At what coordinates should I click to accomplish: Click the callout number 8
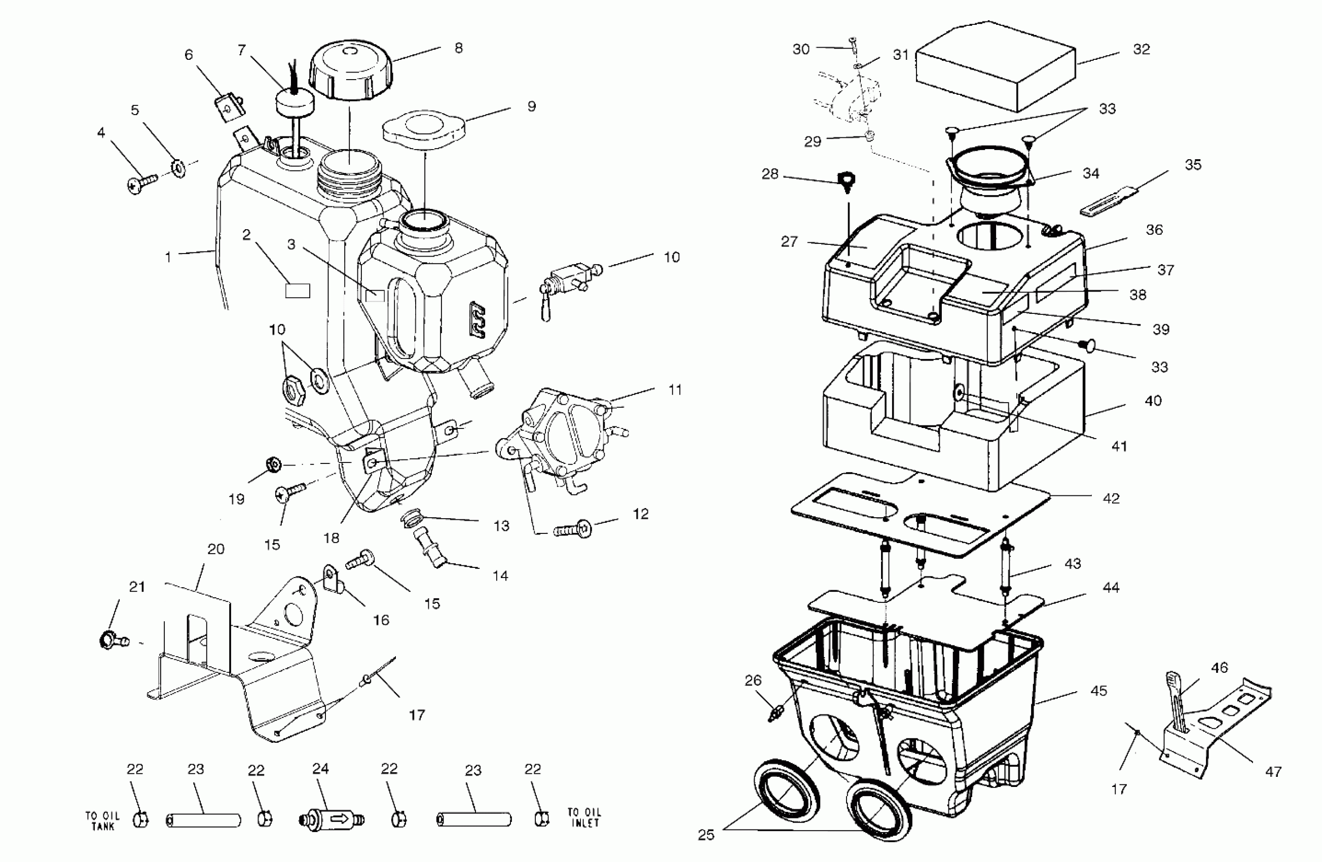[x=458, y=48]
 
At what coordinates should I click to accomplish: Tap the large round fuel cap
[x=350, y=69]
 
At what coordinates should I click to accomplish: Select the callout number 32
[x=1142, y=50]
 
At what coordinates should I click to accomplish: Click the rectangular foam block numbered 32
[x=994, y=67]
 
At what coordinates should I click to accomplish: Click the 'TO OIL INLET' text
[x=584, y=817]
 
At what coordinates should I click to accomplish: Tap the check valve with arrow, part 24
[x=331, y=819]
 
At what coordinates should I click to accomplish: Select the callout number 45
[x=1098, y=691]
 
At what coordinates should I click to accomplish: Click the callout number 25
[x=706, y=835]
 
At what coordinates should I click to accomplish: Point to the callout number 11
[x=675, y=390]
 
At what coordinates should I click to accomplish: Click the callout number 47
[x=1274, y=771]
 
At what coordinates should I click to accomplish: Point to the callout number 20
[x=215, y=549]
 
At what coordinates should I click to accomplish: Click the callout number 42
[x=1111, y=498]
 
